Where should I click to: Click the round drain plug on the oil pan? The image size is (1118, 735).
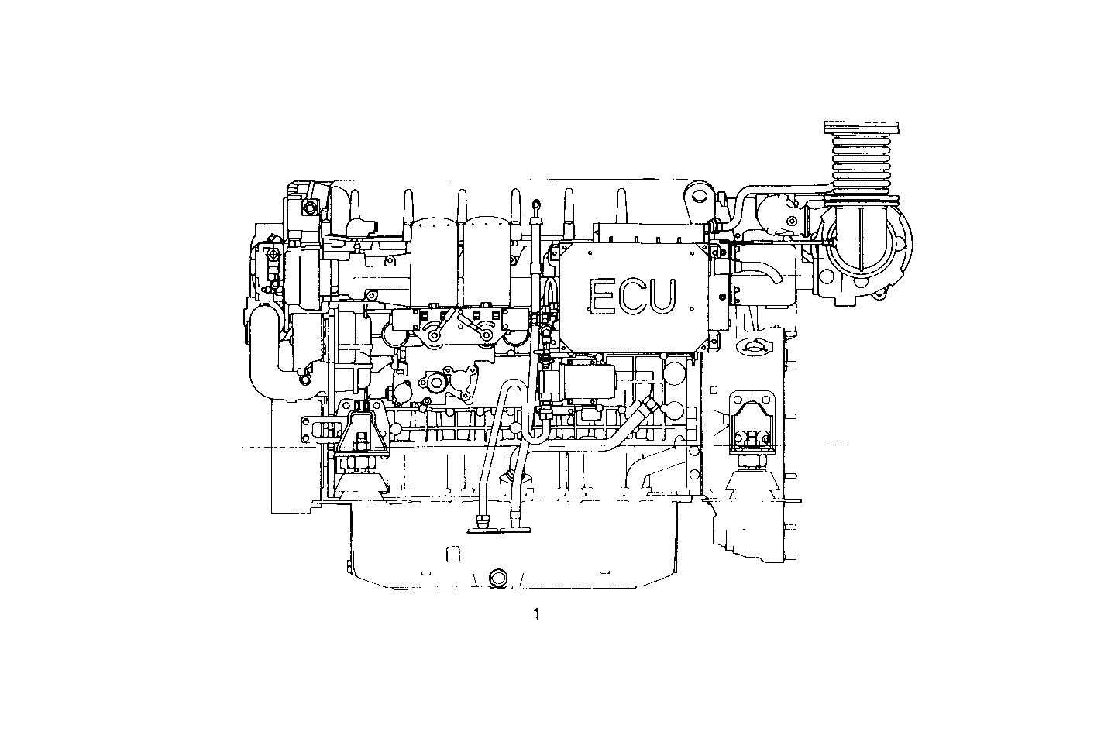point(496,578)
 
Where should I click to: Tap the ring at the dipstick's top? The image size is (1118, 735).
point(535,204)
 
